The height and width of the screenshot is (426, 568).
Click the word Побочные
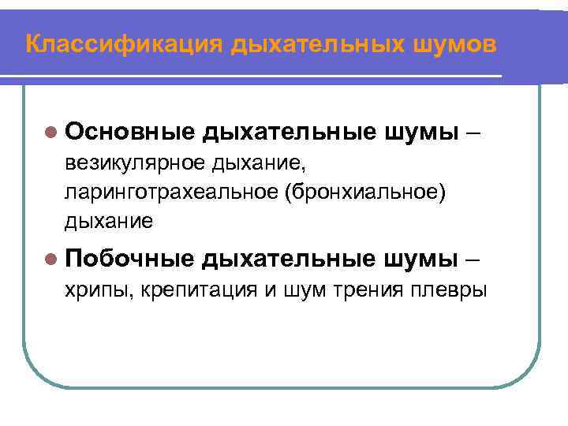click(x=129, y=259)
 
